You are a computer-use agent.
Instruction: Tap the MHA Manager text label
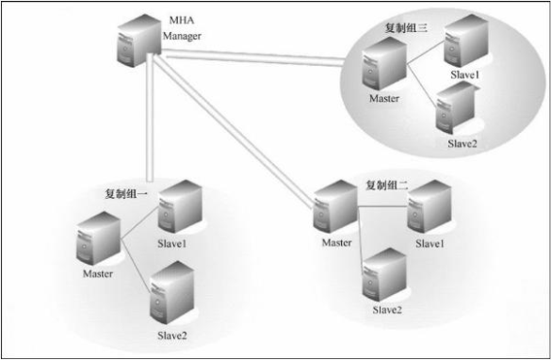click(182, 29)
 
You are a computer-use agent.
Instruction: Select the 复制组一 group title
click(128, 193)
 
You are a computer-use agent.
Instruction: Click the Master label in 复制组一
click(97, 274)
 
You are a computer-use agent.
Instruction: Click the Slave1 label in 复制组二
click(429, 244)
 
